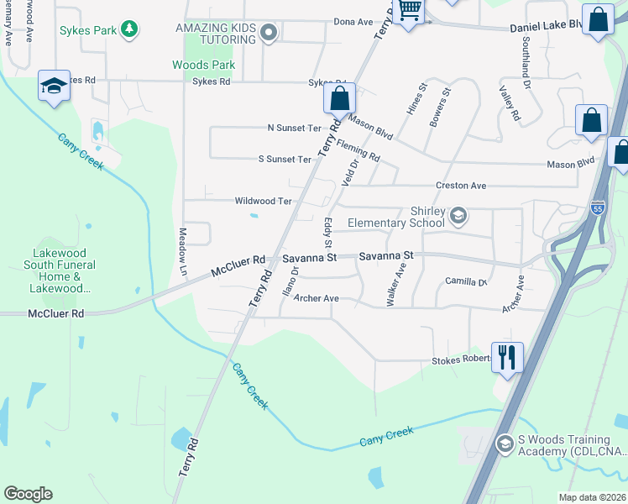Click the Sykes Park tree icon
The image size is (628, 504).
point(128,30)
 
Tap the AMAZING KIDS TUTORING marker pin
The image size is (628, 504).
point(269,34)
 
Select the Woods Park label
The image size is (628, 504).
point(203,65)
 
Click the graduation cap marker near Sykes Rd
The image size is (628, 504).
point(54,87)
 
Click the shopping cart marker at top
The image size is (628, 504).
point(409,11)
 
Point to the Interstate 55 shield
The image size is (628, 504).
point(597,207)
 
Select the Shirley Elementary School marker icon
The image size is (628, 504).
point(458,217)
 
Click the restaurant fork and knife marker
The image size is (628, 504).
point(508,356)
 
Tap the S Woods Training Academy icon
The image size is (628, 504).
point(505,443)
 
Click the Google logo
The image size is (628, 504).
point(28,493)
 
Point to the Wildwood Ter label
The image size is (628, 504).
point(263,201)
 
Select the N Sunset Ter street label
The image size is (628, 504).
point(294,128)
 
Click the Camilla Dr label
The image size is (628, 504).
point(466,281)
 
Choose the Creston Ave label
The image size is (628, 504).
point(460,185)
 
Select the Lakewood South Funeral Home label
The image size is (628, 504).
point(64,270)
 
